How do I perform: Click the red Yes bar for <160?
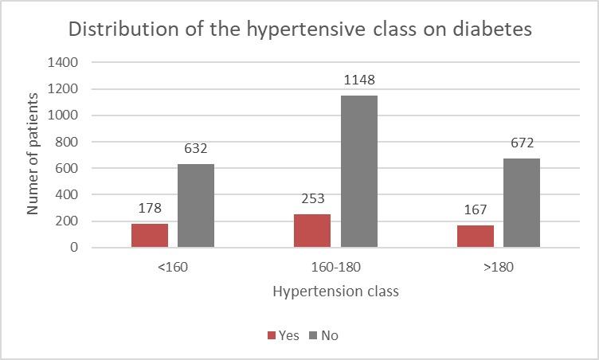pos(150,236)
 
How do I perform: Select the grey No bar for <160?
pos(196,205)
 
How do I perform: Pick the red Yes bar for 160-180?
pos(312,231)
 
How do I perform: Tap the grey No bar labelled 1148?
pos(358,171)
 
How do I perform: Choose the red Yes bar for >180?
pos(475,237)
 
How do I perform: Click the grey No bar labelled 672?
pos(521,203)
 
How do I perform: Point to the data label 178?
pos(150,209)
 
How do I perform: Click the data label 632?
pos(196,149)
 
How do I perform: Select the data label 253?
pos(312,199)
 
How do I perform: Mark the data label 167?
pos(475,210)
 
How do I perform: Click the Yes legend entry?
pos(283,335)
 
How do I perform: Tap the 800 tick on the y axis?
pos(67,142)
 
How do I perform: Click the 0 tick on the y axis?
pos(74,248)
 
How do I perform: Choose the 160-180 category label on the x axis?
pos(335,267)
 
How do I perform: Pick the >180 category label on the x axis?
pos(498,267)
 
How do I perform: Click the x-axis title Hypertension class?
pos(335,292)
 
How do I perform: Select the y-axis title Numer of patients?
pos(33,154)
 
